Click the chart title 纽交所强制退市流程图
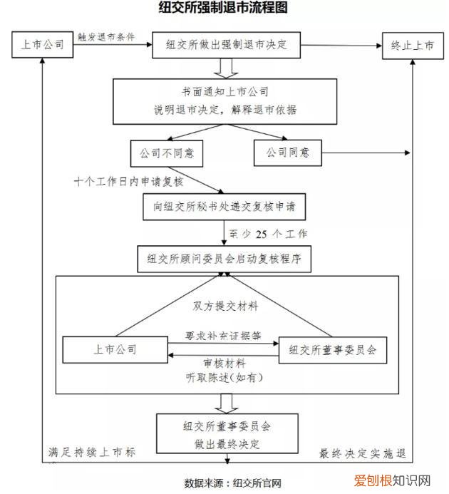pyautogui.click(x=224, y=9)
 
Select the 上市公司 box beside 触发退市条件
pyautogui.click(x=44, y=44)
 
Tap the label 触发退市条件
pyautogui.click(x=106, y=36)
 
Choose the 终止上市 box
pyautogui.click(x=411, y=44)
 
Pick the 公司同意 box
pyautogui.click(x=287, y=152)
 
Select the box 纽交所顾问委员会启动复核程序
pyautogui.click(x=224, y=259)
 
